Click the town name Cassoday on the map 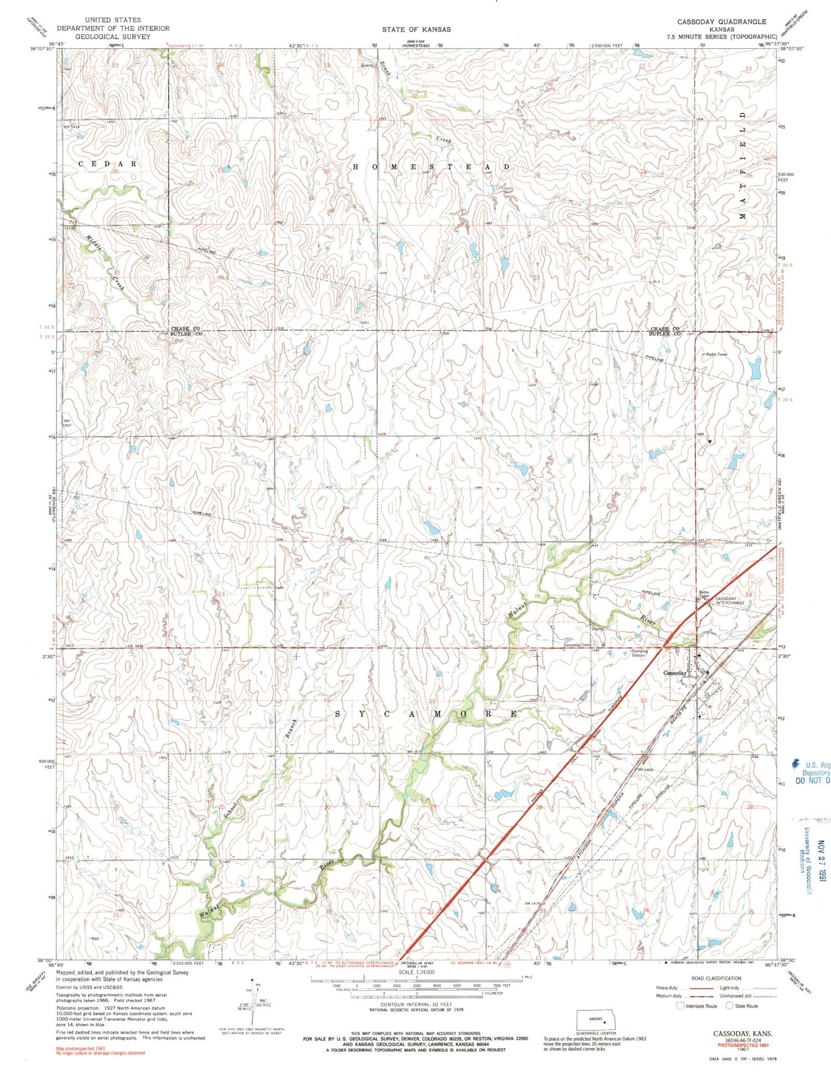coord(675,673)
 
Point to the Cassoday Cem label coord(577,645)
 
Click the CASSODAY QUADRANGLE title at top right coord(721,22)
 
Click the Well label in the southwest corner coord(95,938)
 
